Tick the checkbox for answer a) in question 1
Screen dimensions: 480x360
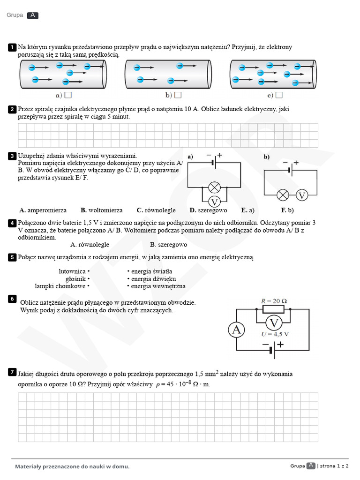(x=68, y=95)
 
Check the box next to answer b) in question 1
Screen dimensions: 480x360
(x=178, y=95)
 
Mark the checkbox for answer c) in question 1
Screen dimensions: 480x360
(x=279, y=95)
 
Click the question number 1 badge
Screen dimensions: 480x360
(x=12, y=47)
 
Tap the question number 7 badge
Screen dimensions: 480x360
(x=12, y=372)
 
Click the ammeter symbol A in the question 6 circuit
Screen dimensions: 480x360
(x=236, y=330)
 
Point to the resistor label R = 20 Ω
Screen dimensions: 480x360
(x=273, y=300)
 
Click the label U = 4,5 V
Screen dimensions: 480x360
(x=275, y=334)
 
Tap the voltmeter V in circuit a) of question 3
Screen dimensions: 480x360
(x=214, y=202)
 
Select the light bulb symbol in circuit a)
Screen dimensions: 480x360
(x=214, y=187)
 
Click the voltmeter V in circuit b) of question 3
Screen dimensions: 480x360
(x=302, y=195)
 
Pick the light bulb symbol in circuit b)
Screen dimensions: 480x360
(x=283, y=195)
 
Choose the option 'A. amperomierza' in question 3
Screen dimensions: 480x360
(x=43, y=210)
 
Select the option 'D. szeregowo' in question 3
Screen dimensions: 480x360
(x=208, y=210)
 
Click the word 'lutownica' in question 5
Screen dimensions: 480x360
(x=72, y=271)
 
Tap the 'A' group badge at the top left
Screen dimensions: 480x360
(x=33, y=15)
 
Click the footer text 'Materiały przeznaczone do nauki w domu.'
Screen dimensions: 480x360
(x=72, y=466)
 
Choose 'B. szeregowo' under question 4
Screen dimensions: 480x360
(x=168, y=245)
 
